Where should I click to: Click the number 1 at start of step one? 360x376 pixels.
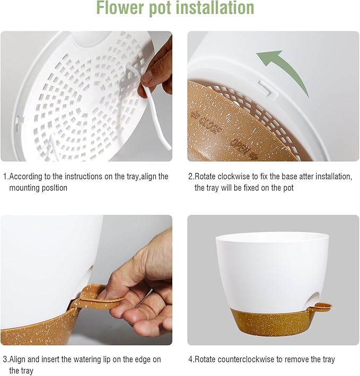tap(5, 176)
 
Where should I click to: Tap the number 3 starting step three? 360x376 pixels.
tap(5, 360)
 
